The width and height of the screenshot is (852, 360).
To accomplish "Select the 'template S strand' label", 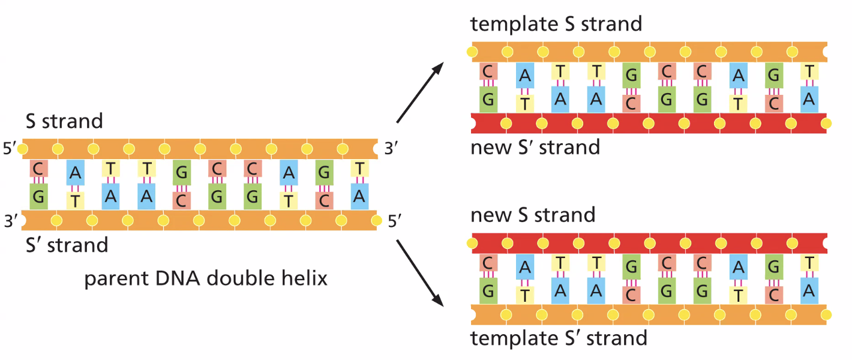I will pos(556,23).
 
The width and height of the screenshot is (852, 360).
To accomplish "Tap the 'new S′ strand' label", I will pos(535,147).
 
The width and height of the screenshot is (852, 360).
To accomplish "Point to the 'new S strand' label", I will pos(533,214).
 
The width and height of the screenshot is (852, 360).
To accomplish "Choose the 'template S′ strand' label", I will pos(559,337).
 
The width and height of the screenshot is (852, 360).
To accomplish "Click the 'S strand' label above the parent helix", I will pos(64,121).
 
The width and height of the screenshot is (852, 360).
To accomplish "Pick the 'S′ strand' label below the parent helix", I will pos(66,245).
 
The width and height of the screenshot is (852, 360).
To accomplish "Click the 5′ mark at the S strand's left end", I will pos(10,148).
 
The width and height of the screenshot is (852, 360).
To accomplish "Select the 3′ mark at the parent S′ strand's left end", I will pos(10,221).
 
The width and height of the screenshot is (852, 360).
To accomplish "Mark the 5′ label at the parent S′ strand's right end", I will pos(395,221).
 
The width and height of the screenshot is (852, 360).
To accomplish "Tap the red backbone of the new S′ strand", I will pos(648,123).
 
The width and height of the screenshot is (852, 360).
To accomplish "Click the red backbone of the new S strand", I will pos(648,244).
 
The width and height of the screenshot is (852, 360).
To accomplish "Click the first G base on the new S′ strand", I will pos(488,100).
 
